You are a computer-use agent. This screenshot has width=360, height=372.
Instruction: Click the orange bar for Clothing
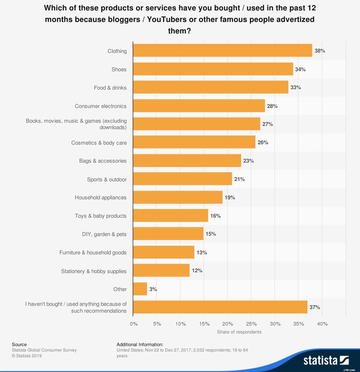[x=222, y=51]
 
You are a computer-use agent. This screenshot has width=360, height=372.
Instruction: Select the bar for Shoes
[x=213, y=69]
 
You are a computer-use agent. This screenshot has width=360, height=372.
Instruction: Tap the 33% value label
[x=296, y=87]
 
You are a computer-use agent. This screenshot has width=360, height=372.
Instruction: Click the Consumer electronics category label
[x=101, y=106]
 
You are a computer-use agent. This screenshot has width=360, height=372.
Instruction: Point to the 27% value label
[x=267, y=124]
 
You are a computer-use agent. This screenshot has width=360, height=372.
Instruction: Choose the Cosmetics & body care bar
[x=194, y=142]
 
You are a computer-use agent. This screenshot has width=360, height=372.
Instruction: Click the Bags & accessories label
[x=103, y=161]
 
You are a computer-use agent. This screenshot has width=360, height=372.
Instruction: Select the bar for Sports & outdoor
[x=183, y=179]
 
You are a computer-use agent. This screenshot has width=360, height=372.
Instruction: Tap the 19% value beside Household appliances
[x=230, y=198]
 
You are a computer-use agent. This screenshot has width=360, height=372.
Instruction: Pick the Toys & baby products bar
[x=171, y=216]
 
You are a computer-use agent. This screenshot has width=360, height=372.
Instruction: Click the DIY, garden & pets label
[x=104, y=234]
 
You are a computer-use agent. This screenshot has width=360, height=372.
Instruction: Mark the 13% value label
[x=202, y=253]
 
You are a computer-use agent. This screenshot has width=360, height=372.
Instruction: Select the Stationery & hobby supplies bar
[x=161, y=271]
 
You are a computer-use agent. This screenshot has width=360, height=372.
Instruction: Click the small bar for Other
[x=140, y=289]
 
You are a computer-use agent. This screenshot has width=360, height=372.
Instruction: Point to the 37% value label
[x=315, y=307]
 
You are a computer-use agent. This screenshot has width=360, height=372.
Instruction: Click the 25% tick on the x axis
[x=251, y=324]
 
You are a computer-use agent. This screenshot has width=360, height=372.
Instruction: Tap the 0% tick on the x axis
[x=134, y=324]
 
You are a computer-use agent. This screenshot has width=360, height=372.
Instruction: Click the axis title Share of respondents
[x=239, y=332]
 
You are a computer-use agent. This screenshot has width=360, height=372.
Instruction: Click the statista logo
[x=326, y=360]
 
